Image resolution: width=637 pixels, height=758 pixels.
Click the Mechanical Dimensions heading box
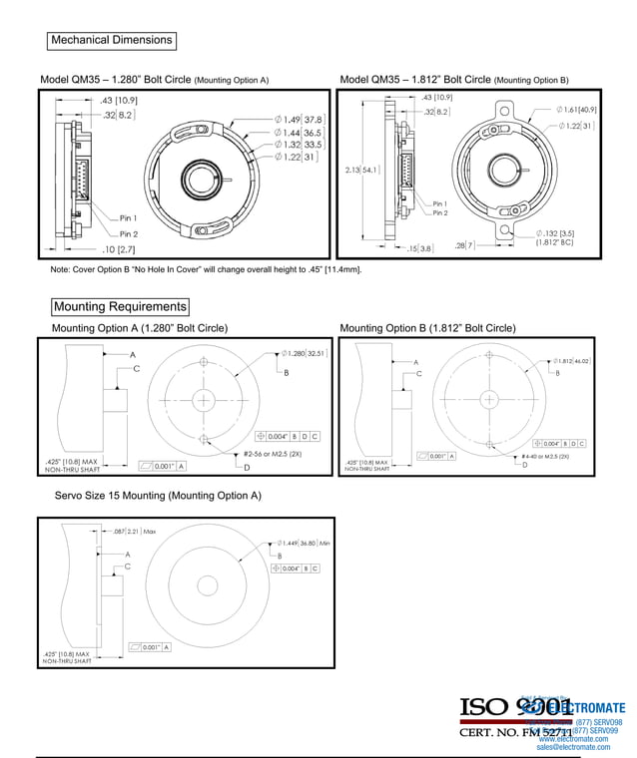click(112, 41)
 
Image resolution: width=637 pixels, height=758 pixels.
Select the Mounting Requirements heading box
click(120, 306)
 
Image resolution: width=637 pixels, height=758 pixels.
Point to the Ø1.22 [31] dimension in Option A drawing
click(297, 158)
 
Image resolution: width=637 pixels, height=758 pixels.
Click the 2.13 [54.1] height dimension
click(360, 170)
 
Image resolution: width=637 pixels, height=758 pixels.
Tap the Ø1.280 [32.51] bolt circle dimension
click(299, 353)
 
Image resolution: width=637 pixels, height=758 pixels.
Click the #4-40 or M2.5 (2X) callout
click(545, 456)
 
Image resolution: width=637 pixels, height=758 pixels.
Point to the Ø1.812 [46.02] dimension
click(571, 361)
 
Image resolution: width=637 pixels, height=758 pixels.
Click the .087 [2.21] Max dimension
click(135, 532)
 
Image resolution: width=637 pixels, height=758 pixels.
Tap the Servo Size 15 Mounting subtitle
click(157, 496)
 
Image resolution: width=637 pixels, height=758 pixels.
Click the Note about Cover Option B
click(206, 269)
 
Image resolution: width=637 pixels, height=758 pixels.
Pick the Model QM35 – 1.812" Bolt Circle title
click(454, 79)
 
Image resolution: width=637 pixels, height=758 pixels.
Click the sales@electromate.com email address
click(573, 746)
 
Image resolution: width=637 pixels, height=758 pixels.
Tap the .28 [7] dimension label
click(464, 244)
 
